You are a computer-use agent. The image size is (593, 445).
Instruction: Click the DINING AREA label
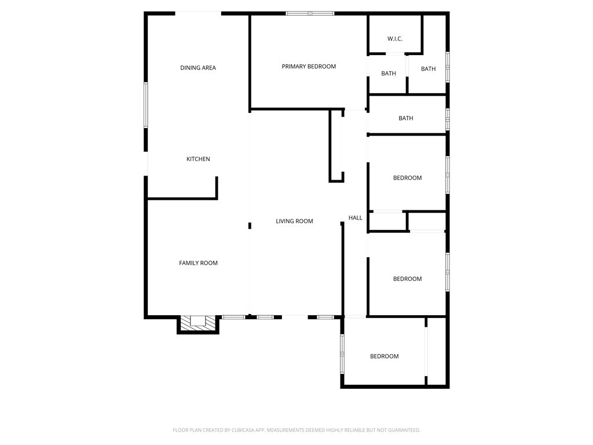[x=198, y=68]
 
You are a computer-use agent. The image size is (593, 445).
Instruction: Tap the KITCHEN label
[x=198, y=159]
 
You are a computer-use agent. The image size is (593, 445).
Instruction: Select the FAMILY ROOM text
[x=198, y=263]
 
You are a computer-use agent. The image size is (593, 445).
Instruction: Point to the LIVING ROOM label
[x=294, y=221]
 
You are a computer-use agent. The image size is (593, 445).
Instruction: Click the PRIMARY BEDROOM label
[x=309, y=67]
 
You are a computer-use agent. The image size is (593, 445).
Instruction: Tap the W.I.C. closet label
[x=395, y=39]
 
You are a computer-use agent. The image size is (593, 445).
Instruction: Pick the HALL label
[x=356, y=218]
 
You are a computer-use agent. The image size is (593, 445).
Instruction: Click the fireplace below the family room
[x=198, y=323]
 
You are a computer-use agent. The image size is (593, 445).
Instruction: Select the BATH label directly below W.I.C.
[x=389, y=74]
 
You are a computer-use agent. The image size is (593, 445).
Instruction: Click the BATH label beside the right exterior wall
[x=429, y=69]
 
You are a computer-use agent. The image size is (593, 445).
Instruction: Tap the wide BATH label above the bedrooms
[x=406, y=118]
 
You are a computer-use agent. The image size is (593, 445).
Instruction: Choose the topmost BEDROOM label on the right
[x=408, y=178]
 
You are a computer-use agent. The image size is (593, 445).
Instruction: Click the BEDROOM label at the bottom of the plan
[x=385, y=356]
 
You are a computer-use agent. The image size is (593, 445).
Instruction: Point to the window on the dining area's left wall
[x=146, y=105]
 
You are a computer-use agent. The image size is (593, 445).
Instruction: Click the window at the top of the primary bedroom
[x=310, y=13]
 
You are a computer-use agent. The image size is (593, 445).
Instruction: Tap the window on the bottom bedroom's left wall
[x=342, y=353]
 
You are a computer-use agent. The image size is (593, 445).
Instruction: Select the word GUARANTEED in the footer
[x=402, y=430]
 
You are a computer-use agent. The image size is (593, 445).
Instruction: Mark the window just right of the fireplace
[x=233, y=317]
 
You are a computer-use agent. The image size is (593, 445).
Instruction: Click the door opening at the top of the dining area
[x=198, y=13]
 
